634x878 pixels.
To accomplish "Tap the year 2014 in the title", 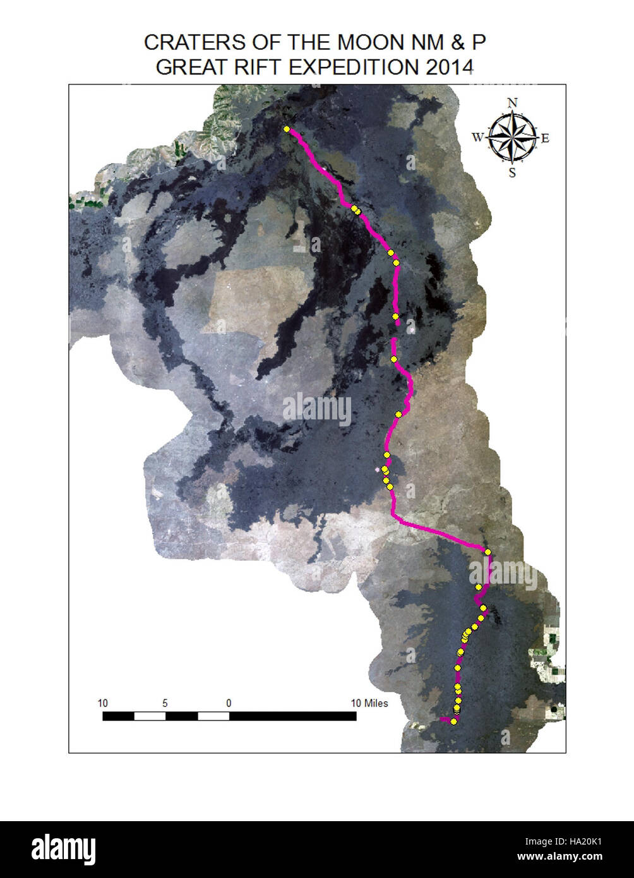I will (x=449, y=66).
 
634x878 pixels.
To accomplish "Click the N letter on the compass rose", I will (x=513, y=103).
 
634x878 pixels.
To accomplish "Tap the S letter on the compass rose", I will (x=512, y=172).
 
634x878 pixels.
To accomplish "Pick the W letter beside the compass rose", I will (x=477, y=138).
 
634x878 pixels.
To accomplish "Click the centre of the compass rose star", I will (x=512, y=137).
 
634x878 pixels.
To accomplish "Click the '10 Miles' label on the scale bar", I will (x=369, y=703).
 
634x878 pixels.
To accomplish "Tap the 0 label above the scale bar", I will (x=229, y=703).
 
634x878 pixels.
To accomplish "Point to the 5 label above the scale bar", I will (x=165, y=703).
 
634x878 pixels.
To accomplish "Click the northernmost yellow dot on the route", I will (x=287, y=129).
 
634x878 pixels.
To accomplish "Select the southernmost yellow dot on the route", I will (x=453, y=721).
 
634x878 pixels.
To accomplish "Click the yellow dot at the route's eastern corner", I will (x=488, y=552).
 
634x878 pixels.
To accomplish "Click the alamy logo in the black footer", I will (x=64, y=849).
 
